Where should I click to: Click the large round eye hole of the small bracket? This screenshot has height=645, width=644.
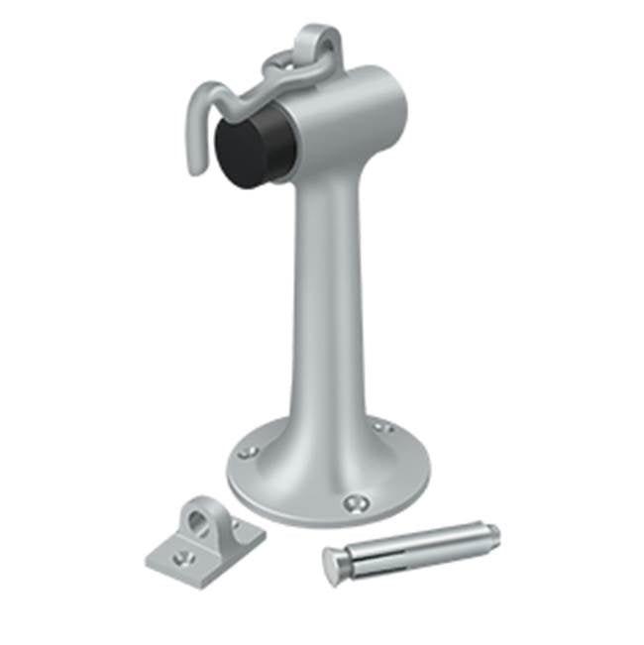[x=194, y=517]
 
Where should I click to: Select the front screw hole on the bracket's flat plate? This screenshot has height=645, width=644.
[x=179, y=558]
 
